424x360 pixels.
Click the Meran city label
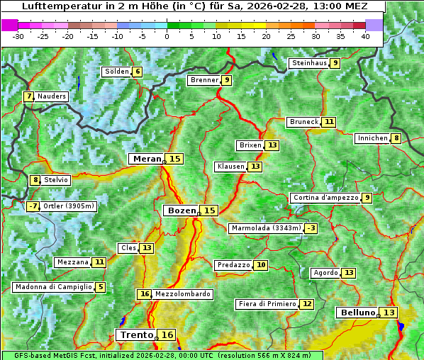tap(147, 159)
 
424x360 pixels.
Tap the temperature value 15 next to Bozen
tap(209, 210)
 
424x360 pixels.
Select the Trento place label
tap(136, 335)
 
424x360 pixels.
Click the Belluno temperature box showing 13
tap(389, 313)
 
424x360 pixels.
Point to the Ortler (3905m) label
tap(69, 206)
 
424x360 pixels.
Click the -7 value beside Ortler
tap(33, 206)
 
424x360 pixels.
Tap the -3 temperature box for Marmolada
tap(311, 228)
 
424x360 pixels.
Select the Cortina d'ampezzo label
tap(325, 198)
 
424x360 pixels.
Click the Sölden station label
tap(117, 72)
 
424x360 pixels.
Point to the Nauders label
tap(52, 96)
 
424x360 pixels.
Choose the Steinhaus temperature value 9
tap(335, 63)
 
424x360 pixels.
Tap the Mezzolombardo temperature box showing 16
tap(145, 294)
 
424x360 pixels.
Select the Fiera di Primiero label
tap(267, 304)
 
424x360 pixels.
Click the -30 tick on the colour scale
tap(18, 35)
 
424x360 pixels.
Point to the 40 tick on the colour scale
tap(365, 35)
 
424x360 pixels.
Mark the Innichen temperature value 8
tap(396, 138)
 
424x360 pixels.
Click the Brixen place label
tap(250, 145)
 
